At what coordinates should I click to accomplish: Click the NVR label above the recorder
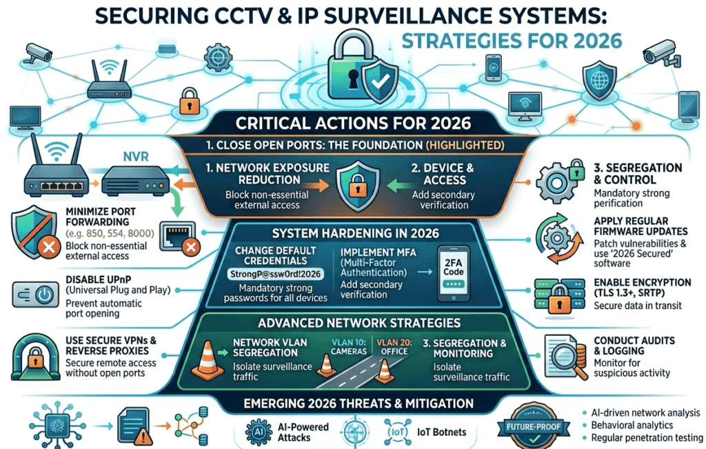pyautogui.click(x=136, y=157)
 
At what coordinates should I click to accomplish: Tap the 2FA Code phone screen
pyautogui.click(x=454, y=272)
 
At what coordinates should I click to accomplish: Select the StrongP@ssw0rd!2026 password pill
pyautogui.click(x=276, y=274)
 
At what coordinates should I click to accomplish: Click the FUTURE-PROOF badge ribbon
pyautogui.click(x=534, y=427)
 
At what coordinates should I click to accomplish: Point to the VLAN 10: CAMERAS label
pyautogui.click(x=348, y=347)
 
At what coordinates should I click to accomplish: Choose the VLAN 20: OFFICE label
pyautogui.click(x=394, y=347)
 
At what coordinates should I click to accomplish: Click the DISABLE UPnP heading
pyautogui.click(x=98, y=279)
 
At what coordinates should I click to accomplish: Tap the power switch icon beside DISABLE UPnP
pyautogui.click(x=36, y=295)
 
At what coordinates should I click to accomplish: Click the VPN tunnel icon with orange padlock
pyautogui.click(x=36, y=357)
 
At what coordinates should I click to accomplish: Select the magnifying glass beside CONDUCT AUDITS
pyautogui.click(x=568, y=358)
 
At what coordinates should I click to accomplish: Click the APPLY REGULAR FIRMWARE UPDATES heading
pyautogui.click(x=641, y=226)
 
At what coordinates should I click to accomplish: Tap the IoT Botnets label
pyautogui.click(x=442, y=432)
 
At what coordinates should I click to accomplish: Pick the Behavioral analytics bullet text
pyautogui.click(x=632, y=425)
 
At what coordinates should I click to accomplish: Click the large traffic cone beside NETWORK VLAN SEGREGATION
pyautogui.click(x=207, y=361)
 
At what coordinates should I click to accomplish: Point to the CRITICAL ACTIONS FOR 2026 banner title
pyautogui.click(x=353, y=123)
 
